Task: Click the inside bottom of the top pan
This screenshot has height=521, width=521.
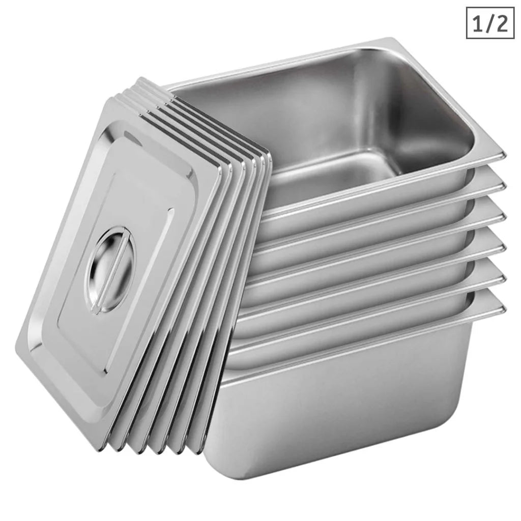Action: coord(331,173)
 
